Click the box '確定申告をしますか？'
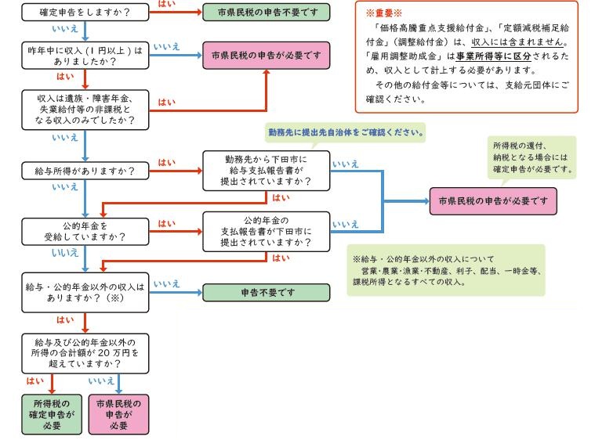click(x=84, y=12)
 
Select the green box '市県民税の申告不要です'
click(x=266, y=12)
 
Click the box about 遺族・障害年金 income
click(x=84, y=109)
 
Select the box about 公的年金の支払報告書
click(x=266, y=231)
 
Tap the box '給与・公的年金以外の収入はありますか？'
click(x=84, y=294)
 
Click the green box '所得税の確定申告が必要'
click(x=52, y=413)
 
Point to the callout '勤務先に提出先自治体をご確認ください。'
click(x=346, y=134)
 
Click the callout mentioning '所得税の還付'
click(x=532, y=157)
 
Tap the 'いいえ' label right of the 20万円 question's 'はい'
click(x=102, y=381)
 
